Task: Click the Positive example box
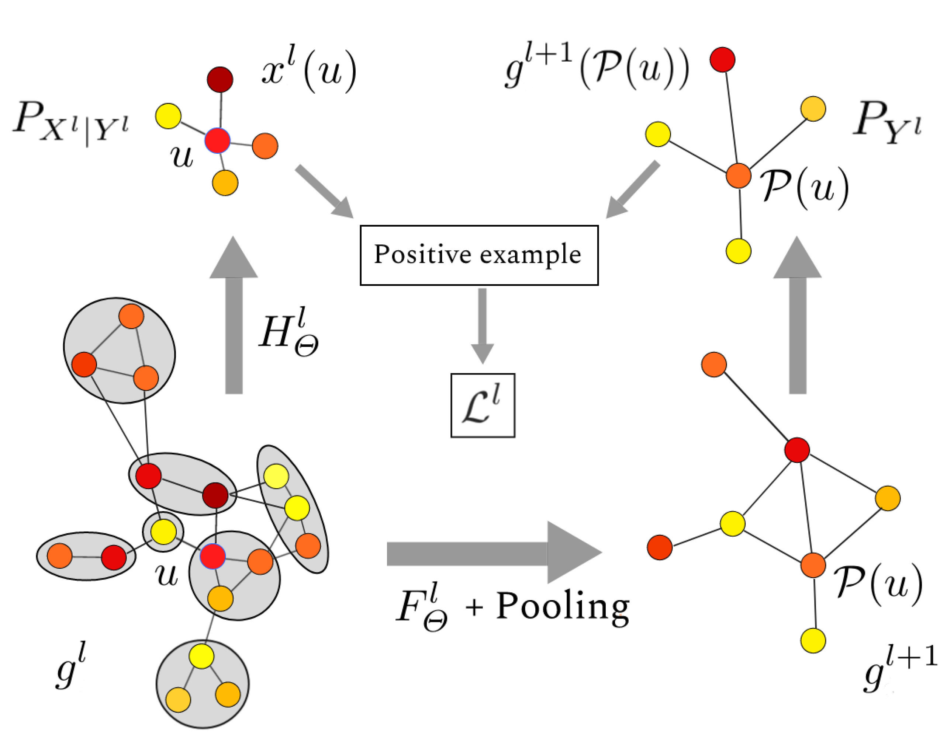479,255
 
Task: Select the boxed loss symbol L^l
482,405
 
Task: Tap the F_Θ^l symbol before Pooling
421,608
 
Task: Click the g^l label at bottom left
70,666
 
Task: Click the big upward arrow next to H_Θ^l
234,316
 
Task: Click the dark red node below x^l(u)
220,79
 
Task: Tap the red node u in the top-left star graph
217,141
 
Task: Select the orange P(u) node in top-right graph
739,175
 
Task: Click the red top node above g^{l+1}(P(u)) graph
722,59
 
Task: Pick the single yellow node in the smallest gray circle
163,532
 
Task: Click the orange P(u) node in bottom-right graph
813,565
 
